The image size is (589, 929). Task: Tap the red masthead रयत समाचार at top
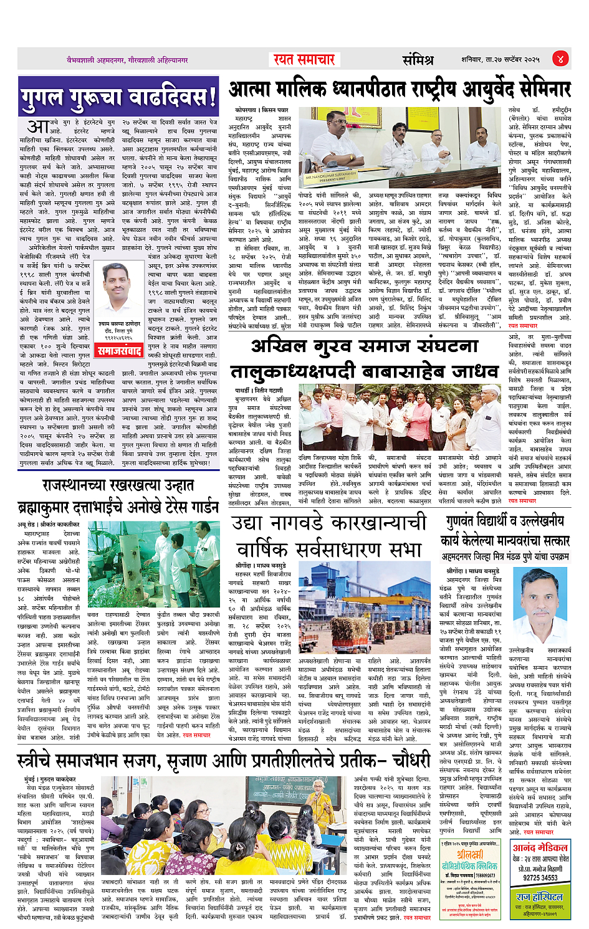tap(305, 59)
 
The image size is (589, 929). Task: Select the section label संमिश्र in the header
tap(418, 60)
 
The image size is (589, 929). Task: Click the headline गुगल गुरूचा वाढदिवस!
tap(118, 97)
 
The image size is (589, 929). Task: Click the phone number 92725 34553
tap(540, 877)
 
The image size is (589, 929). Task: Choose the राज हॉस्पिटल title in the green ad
tap(539, 897)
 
